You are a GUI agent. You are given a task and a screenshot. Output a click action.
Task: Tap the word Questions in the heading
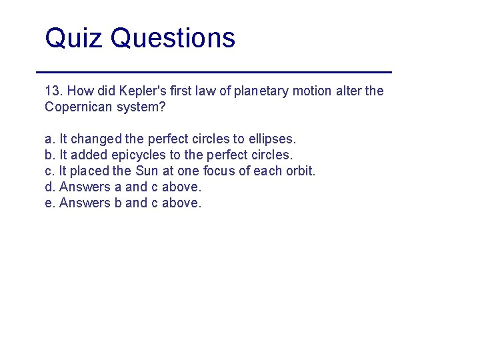click(173, 38)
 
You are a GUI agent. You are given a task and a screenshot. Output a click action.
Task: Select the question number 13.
click(53, 91)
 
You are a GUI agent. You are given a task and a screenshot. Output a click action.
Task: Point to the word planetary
click(264, 91)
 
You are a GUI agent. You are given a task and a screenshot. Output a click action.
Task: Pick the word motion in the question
click(313, 91)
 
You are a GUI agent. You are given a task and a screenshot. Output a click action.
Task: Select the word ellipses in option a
click(272, 139)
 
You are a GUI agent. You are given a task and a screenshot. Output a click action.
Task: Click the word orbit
click(299, 171)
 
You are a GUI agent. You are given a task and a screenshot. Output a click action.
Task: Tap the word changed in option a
click(96, 139)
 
